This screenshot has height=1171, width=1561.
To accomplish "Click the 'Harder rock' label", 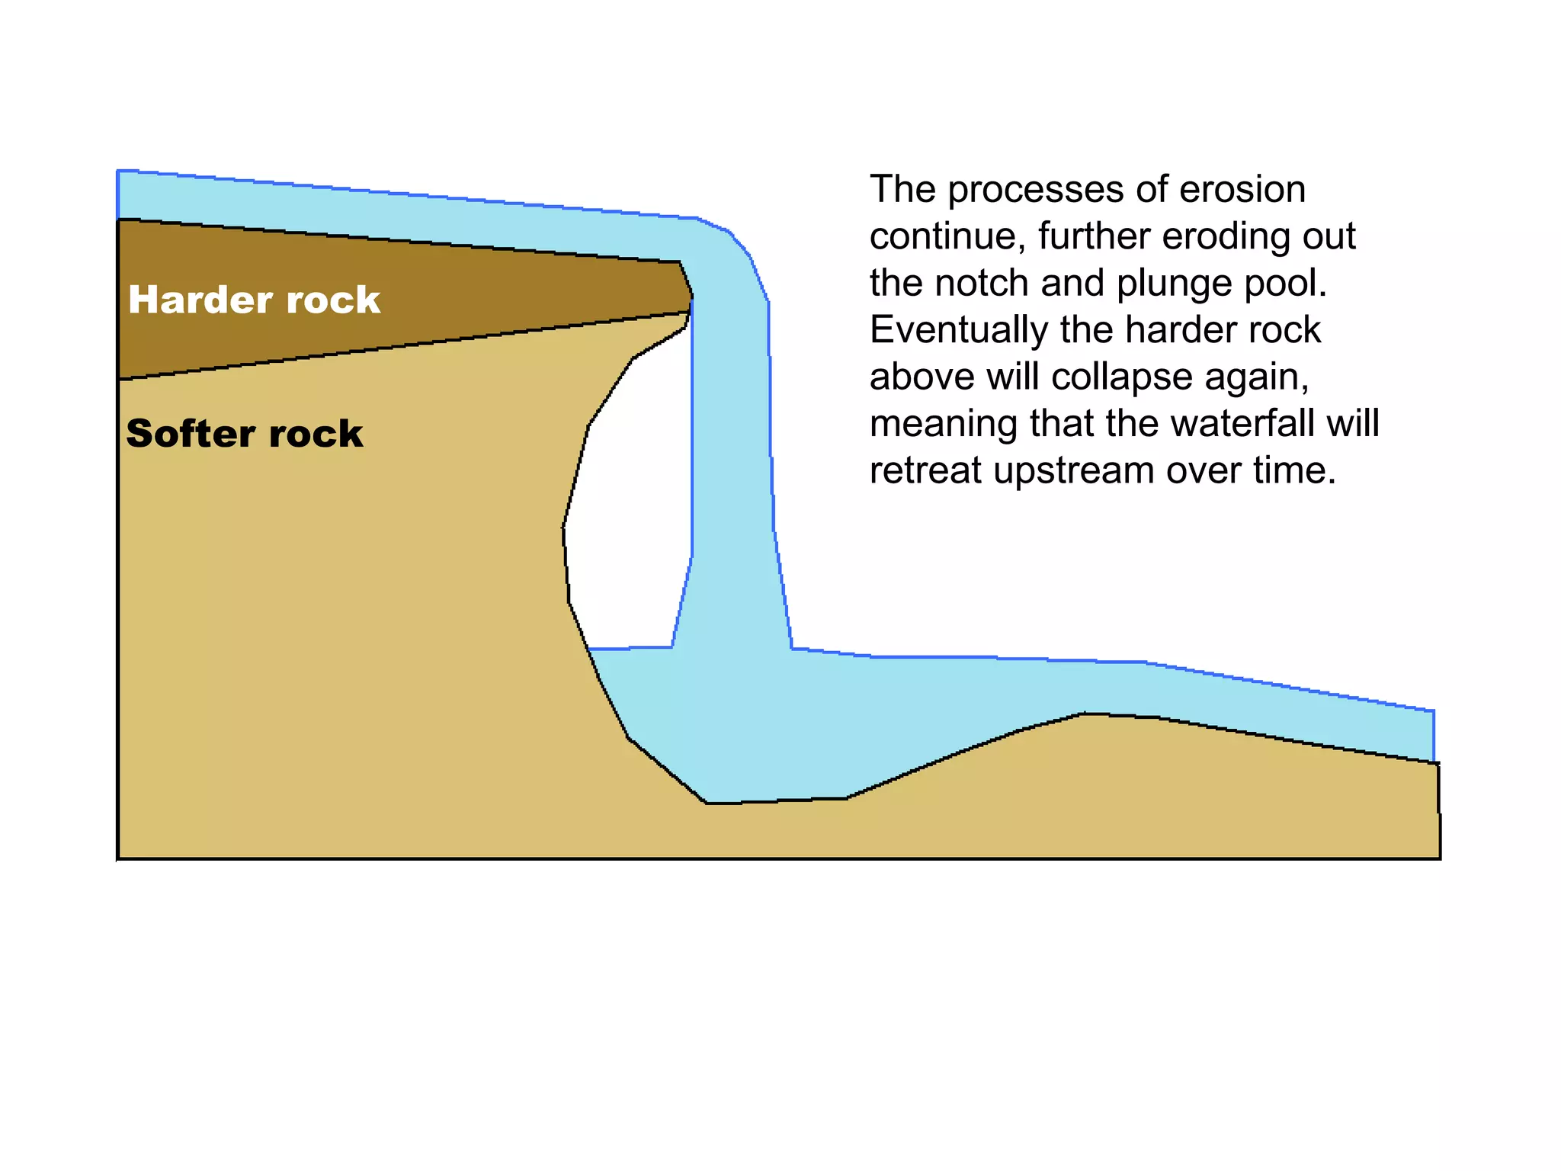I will point(254,300).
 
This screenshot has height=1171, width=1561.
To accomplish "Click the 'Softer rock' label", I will point(244,434).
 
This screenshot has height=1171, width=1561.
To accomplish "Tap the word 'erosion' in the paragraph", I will point(1242,190).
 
